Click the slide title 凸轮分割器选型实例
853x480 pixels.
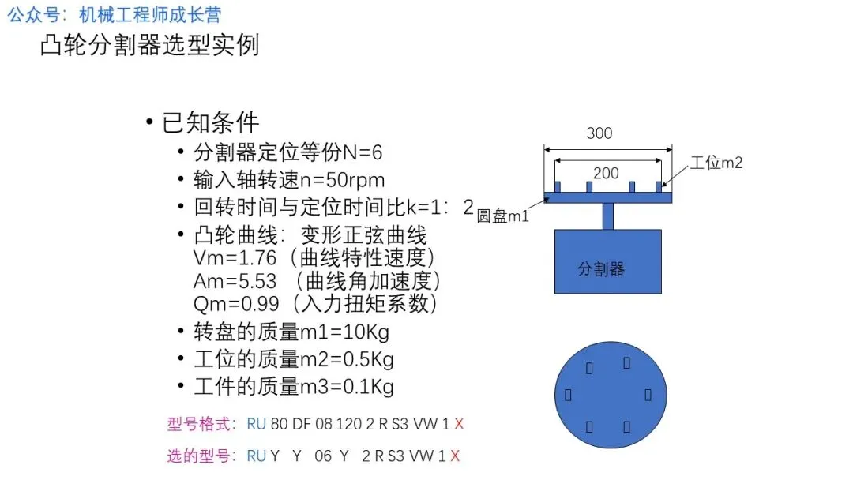point(149,45)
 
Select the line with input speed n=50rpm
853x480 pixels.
point(289,179)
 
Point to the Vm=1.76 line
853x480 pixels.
point(314,258)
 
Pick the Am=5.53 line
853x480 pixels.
point(317,280)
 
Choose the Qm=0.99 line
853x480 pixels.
point(315,302)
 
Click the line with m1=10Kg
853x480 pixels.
point(291,331)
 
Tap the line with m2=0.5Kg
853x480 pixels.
point(294,359)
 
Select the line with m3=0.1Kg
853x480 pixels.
point(294,387)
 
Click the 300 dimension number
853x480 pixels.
point(599,133)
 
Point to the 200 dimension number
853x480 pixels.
point(606,173)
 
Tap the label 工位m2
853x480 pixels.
point(716,163)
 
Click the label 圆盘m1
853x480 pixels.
point(502,216)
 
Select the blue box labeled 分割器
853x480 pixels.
point(607,261)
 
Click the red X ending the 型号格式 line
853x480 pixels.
point(459,424)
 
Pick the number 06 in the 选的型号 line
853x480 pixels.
point(323,456)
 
